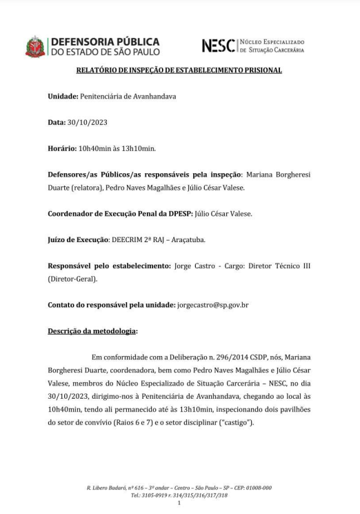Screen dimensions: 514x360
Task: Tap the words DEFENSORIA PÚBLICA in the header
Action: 106,41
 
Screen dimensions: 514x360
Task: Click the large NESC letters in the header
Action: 220,46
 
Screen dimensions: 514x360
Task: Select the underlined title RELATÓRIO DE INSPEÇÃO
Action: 179,70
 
